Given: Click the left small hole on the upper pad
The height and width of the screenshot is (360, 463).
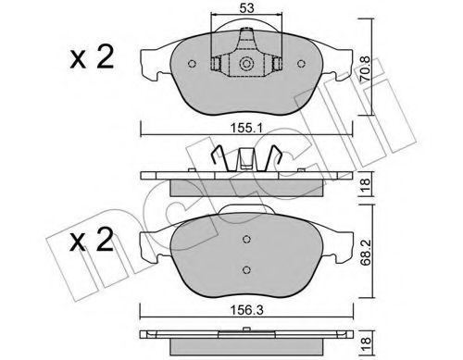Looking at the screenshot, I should [189, 65].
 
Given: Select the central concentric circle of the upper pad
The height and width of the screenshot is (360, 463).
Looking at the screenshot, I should [247, 65].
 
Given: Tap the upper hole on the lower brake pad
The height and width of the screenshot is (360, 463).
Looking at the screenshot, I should [247, 239].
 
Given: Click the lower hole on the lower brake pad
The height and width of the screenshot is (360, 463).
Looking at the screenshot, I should [247, 269].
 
